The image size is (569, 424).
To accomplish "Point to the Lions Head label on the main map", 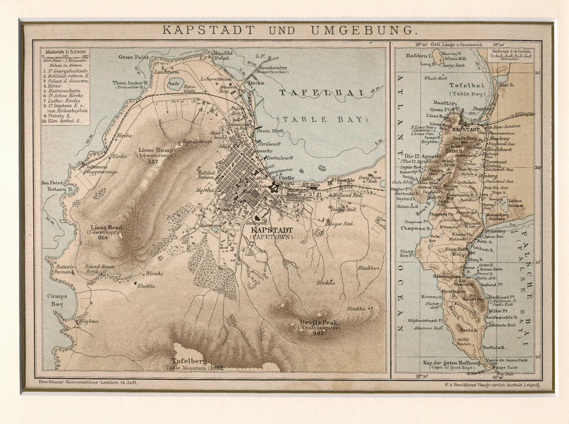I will (107, 227).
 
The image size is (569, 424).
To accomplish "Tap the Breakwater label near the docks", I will (273, 68).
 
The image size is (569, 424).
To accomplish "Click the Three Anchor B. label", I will (127, 83).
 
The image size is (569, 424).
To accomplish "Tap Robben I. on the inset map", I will (419, 55).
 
